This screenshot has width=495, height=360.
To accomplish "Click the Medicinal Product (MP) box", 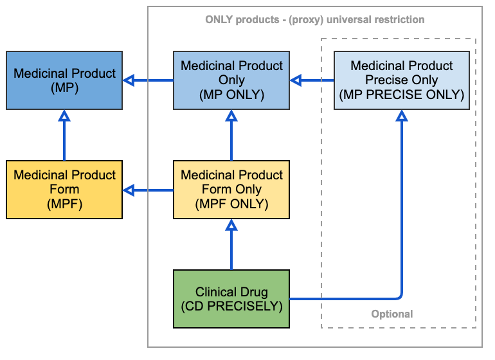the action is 64,80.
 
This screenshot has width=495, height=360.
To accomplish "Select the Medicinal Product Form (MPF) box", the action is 64,190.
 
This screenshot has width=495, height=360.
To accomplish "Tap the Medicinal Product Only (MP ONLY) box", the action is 231,80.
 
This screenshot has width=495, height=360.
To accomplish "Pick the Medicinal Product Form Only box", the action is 231,190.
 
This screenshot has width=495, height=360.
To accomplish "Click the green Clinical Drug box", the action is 231,299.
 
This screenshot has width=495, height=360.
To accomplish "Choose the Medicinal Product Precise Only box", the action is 402,80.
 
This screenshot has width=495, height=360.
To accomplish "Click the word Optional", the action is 392,314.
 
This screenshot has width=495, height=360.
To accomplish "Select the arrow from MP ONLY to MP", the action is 148,80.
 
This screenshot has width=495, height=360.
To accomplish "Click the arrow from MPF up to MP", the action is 64,135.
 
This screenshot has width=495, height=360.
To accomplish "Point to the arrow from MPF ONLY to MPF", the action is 148,190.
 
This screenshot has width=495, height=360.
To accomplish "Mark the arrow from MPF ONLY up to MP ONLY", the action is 231,135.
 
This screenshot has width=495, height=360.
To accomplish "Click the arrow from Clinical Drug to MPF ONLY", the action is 231,244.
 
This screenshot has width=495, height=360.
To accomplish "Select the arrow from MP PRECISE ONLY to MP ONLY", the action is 312,80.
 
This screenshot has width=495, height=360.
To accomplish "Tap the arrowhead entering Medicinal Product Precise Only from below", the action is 402,116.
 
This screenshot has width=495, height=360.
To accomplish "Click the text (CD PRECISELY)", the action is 231,306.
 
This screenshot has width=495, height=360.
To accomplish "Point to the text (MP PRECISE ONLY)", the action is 402,94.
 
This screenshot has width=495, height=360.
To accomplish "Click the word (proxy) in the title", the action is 306,19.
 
